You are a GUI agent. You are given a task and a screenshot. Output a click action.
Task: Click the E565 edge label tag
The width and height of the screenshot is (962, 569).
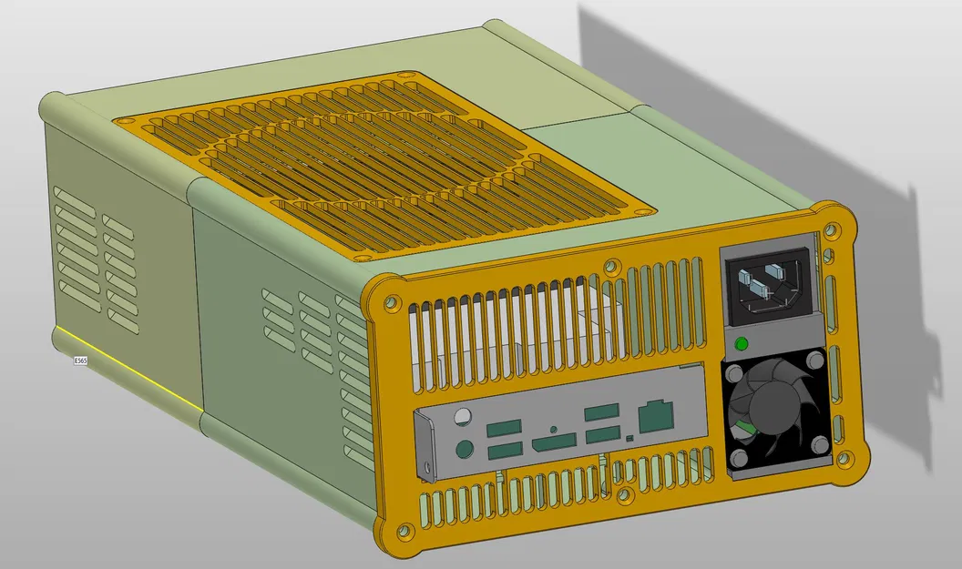point(80,361)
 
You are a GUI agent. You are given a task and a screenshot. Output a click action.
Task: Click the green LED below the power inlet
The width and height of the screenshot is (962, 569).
point(741,344)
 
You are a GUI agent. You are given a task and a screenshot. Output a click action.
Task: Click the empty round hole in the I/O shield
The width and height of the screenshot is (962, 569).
point(463,418)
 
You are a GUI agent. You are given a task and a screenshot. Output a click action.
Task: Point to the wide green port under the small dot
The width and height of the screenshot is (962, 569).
point(554,444)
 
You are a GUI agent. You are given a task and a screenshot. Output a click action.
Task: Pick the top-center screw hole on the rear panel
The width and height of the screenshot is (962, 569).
point(611,267)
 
